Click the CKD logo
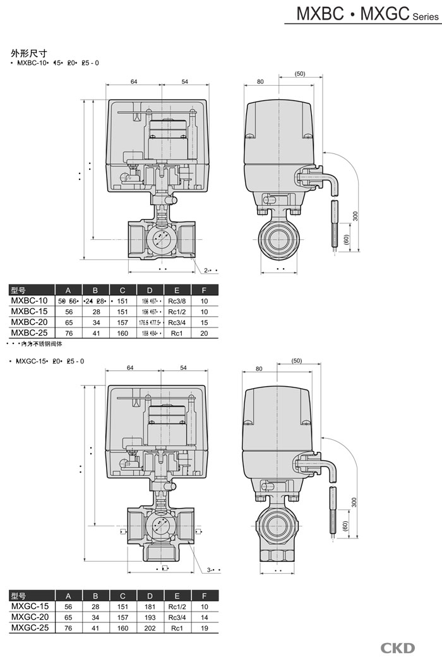[397, 648]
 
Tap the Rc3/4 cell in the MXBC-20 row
[177, 322]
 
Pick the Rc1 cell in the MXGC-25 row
[177, 628]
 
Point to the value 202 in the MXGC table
[150, 628]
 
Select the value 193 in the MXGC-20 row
[150, 617]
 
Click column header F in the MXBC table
[204, 290]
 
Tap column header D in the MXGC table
[150, 596]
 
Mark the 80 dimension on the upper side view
[260, 81]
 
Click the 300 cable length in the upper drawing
[355, 216]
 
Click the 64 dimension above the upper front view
[134, 81]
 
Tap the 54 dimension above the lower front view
[184, 367]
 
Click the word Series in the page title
[423, 17]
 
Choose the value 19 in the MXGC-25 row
[204, 628]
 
